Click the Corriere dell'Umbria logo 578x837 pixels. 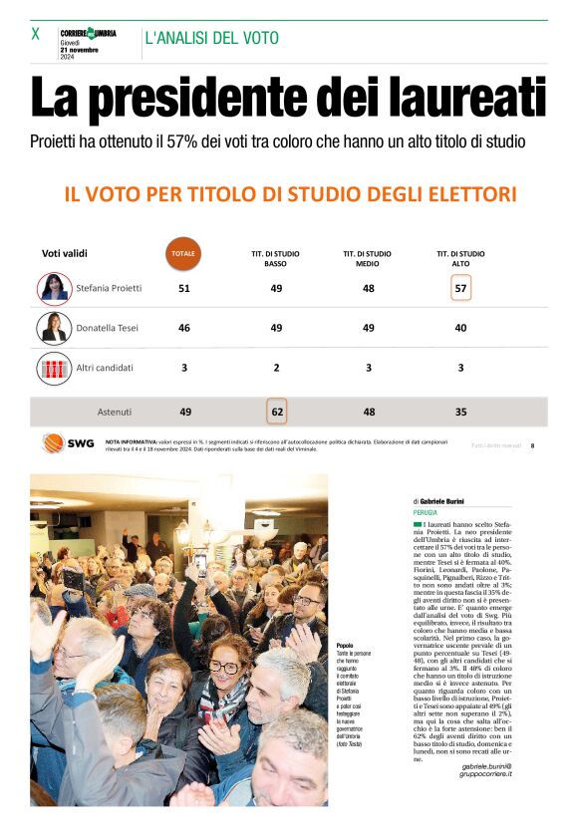point(88,33)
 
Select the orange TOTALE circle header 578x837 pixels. point(183,253)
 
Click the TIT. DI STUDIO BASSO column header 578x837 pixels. point(275,259)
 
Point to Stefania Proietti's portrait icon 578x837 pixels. point(54,288)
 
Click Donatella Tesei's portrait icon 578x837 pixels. point(54,328)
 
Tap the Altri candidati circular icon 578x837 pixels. point(54,368)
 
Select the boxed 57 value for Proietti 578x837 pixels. point(459,288)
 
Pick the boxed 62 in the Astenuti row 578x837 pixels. point(276,411)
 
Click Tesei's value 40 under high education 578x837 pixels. point(459,328)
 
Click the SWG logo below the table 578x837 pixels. point(68,444)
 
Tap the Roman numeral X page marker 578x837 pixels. point(36,34)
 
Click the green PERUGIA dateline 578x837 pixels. point(426,512)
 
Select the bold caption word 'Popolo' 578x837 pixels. point(346,645)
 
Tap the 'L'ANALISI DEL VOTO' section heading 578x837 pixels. point(211,38)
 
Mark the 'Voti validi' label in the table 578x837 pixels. point(65,253)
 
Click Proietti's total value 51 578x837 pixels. point(183,288)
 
